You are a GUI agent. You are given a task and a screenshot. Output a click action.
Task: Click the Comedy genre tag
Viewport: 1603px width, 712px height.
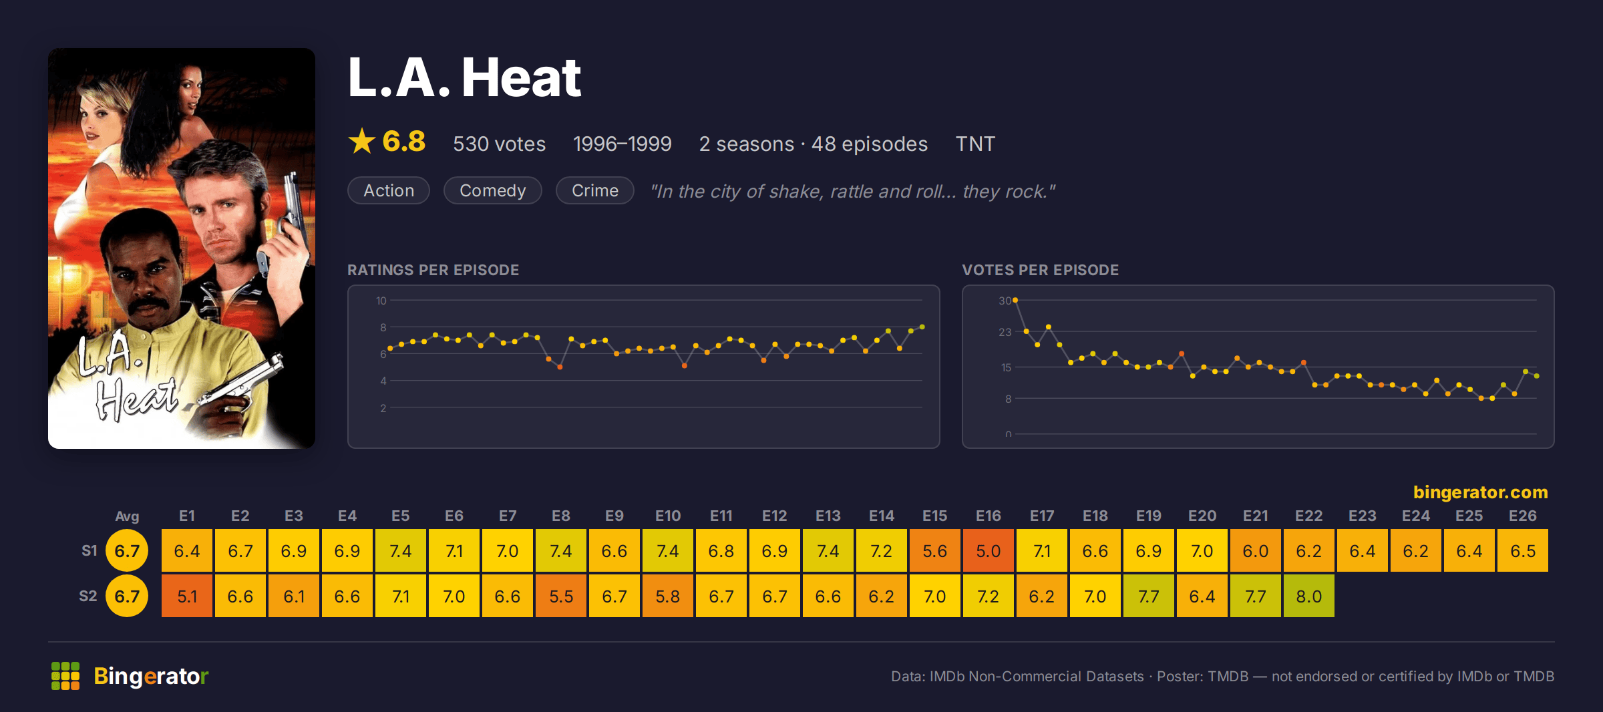click(x=493, y=190)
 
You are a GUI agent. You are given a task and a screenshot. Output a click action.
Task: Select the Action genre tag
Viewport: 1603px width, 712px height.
click(x=389, y=190)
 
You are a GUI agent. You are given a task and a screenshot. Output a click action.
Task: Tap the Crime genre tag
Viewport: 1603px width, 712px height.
click(x=595, y=190)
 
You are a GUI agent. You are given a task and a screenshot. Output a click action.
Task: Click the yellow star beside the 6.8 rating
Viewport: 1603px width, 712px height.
click(x=362, y=141)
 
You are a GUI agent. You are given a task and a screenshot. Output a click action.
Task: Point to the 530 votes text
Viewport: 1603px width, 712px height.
click(x=500, y=144)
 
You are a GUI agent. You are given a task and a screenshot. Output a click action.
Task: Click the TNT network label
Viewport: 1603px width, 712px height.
click(x=975, y=144)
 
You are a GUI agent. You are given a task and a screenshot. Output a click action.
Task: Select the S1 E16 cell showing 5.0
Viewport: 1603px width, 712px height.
click(x=989, y=550)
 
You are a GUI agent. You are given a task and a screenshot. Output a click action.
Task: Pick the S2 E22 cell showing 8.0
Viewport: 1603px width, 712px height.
click(x=1309, y=596)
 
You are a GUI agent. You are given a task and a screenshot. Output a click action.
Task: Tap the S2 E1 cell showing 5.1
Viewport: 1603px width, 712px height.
click(x=187, y=596)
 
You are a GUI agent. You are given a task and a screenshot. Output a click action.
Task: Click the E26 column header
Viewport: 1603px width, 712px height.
click(x=1523, y=516)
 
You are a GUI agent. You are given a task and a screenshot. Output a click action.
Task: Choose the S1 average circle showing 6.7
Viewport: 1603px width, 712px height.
click(x=127, y=550)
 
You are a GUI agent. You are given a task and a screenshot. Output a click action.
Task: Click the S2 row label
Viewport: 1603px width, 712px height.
click(x=88, y=596)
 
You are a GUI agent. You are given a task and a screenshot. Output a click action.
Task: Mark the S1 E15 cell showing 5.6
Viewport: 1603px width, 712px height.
click(x=935, y=550)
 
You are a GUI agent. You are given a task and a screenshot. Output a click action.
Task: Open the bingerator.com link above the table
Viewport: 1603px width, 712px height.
click(x=1480, y=492)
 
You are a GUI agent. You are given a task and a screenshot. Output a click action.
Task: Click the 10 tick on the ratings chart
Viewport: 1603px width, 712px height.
click(x=381, y=301)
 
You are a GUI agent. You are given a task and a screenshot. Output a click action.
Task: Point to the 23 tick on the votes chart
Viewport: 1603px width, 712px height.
click(x=1005, y=332)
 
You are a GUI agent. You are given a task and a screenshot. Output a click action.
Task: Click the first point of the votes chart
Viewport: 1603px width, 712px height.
click(x=1015, y=301)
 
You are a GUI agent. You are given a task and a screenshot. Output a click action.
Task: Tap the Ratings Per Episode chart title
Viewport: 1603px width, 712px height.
click(x=433, y=270)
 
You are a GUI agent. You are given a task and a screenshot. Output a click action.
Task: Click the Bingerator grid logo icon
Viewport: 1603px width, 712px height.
click(x=65, y=676)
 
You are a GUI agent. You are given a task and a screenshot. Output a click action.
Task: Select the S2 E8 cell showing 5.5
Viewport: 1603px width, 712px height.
click(x=561, y=596)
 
